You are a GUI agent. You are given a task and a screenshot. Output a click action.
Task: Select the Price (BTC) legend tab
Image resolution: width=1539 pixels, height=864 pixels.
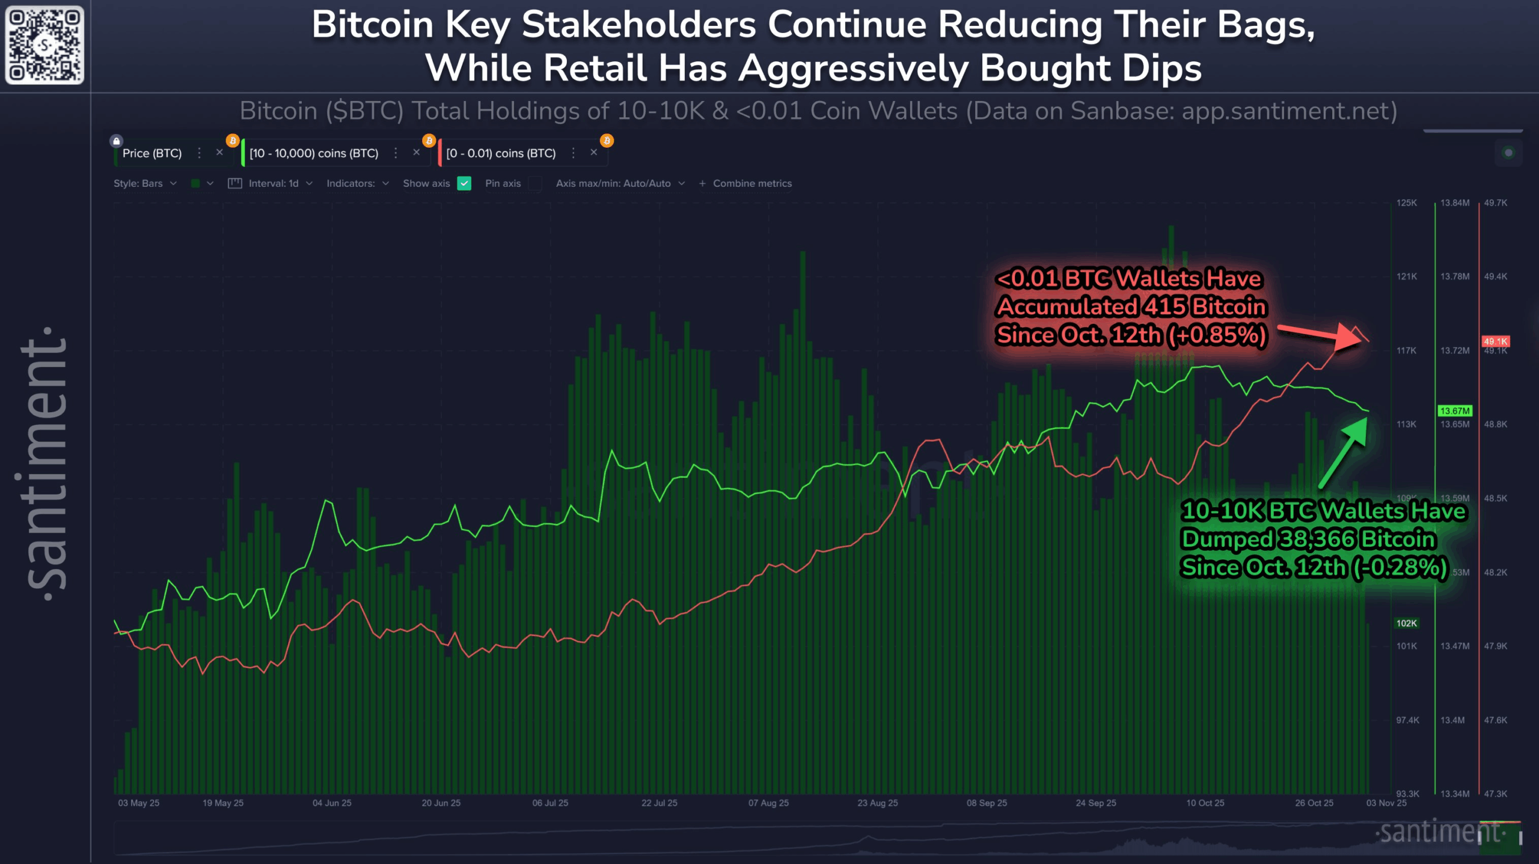point(152,153)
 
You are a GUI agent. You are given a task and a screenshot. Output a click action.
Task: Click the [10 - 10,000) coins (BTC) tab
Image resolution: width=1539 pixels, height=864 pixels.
point(314,153)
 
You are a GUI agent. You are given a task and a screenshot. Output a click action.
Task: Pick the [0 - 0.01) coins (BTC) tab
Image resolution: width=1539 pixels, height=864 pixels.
point(501,153)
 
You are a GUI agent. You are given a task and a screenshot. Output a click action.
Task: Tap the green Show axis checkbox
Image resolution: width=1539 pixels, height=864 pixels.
point(464,183)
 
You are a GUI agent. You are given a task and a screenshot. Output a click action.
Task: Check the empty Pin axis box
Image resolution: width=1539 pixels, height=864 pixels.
point(534,183)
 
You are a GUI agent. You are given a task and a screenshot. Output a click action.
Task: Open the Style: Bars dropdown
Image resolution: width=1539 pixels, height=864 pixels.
point(145,183)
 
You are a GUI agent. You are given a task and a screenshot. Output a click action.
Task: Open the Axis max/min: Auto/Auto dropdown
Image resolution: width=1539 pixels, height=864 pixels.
point(620,183)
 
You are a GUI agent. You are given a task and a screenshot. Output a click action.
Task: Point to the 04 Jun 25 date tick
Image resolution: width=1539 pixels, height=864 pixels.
point(332,803)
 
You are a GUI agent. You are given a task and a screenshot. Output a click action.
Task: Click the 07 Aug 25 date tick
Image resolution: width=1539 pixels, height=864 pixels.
point(768,803)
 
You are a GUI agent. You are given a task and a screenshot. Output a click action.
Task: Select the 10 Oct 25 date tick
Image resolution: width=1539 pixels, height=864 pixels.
point(1205,803)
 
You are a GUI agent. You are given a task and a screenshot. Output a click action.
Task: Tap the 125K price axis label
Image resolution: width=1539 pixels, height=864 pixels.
point(1406,203)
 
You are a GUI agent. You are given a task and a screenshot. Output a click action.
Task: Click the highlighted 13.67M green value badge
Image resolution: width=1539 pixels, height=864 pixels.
point(1454,411)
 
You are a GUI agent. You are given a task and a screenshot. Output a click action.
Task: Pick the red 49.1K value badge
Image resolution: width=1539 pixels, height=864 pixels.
point(1495,341)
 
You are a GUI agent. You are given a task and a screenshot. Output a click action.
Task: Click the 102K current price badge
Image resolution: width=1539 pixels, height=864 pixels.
point(1406,623)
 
